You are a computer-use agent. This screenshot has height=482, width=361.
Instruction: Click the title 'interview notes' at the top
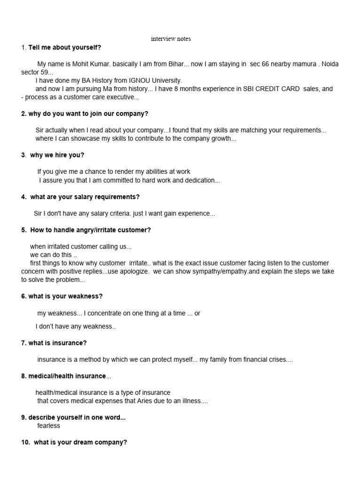[x=171, y=39]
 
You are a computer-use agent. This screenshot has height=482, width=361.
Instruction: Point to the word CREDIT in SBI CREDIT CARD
[x=267, y=89]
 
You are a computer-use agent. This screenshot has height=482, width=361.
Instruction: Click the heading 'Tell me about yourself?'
[x=64, y=48]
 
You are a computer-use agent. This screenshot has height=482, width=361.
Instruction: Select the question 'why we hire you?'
[x=57, y=155]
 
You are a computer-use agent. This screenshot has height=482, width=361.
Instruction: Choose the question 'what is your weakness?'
[x=65, y=296]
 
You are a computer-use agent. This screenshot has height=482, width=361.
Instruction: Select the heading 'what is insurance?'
[x=57, y=343]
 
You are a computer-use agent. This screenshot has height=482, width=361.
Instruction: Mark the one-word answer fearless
[x=48, y=426]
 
